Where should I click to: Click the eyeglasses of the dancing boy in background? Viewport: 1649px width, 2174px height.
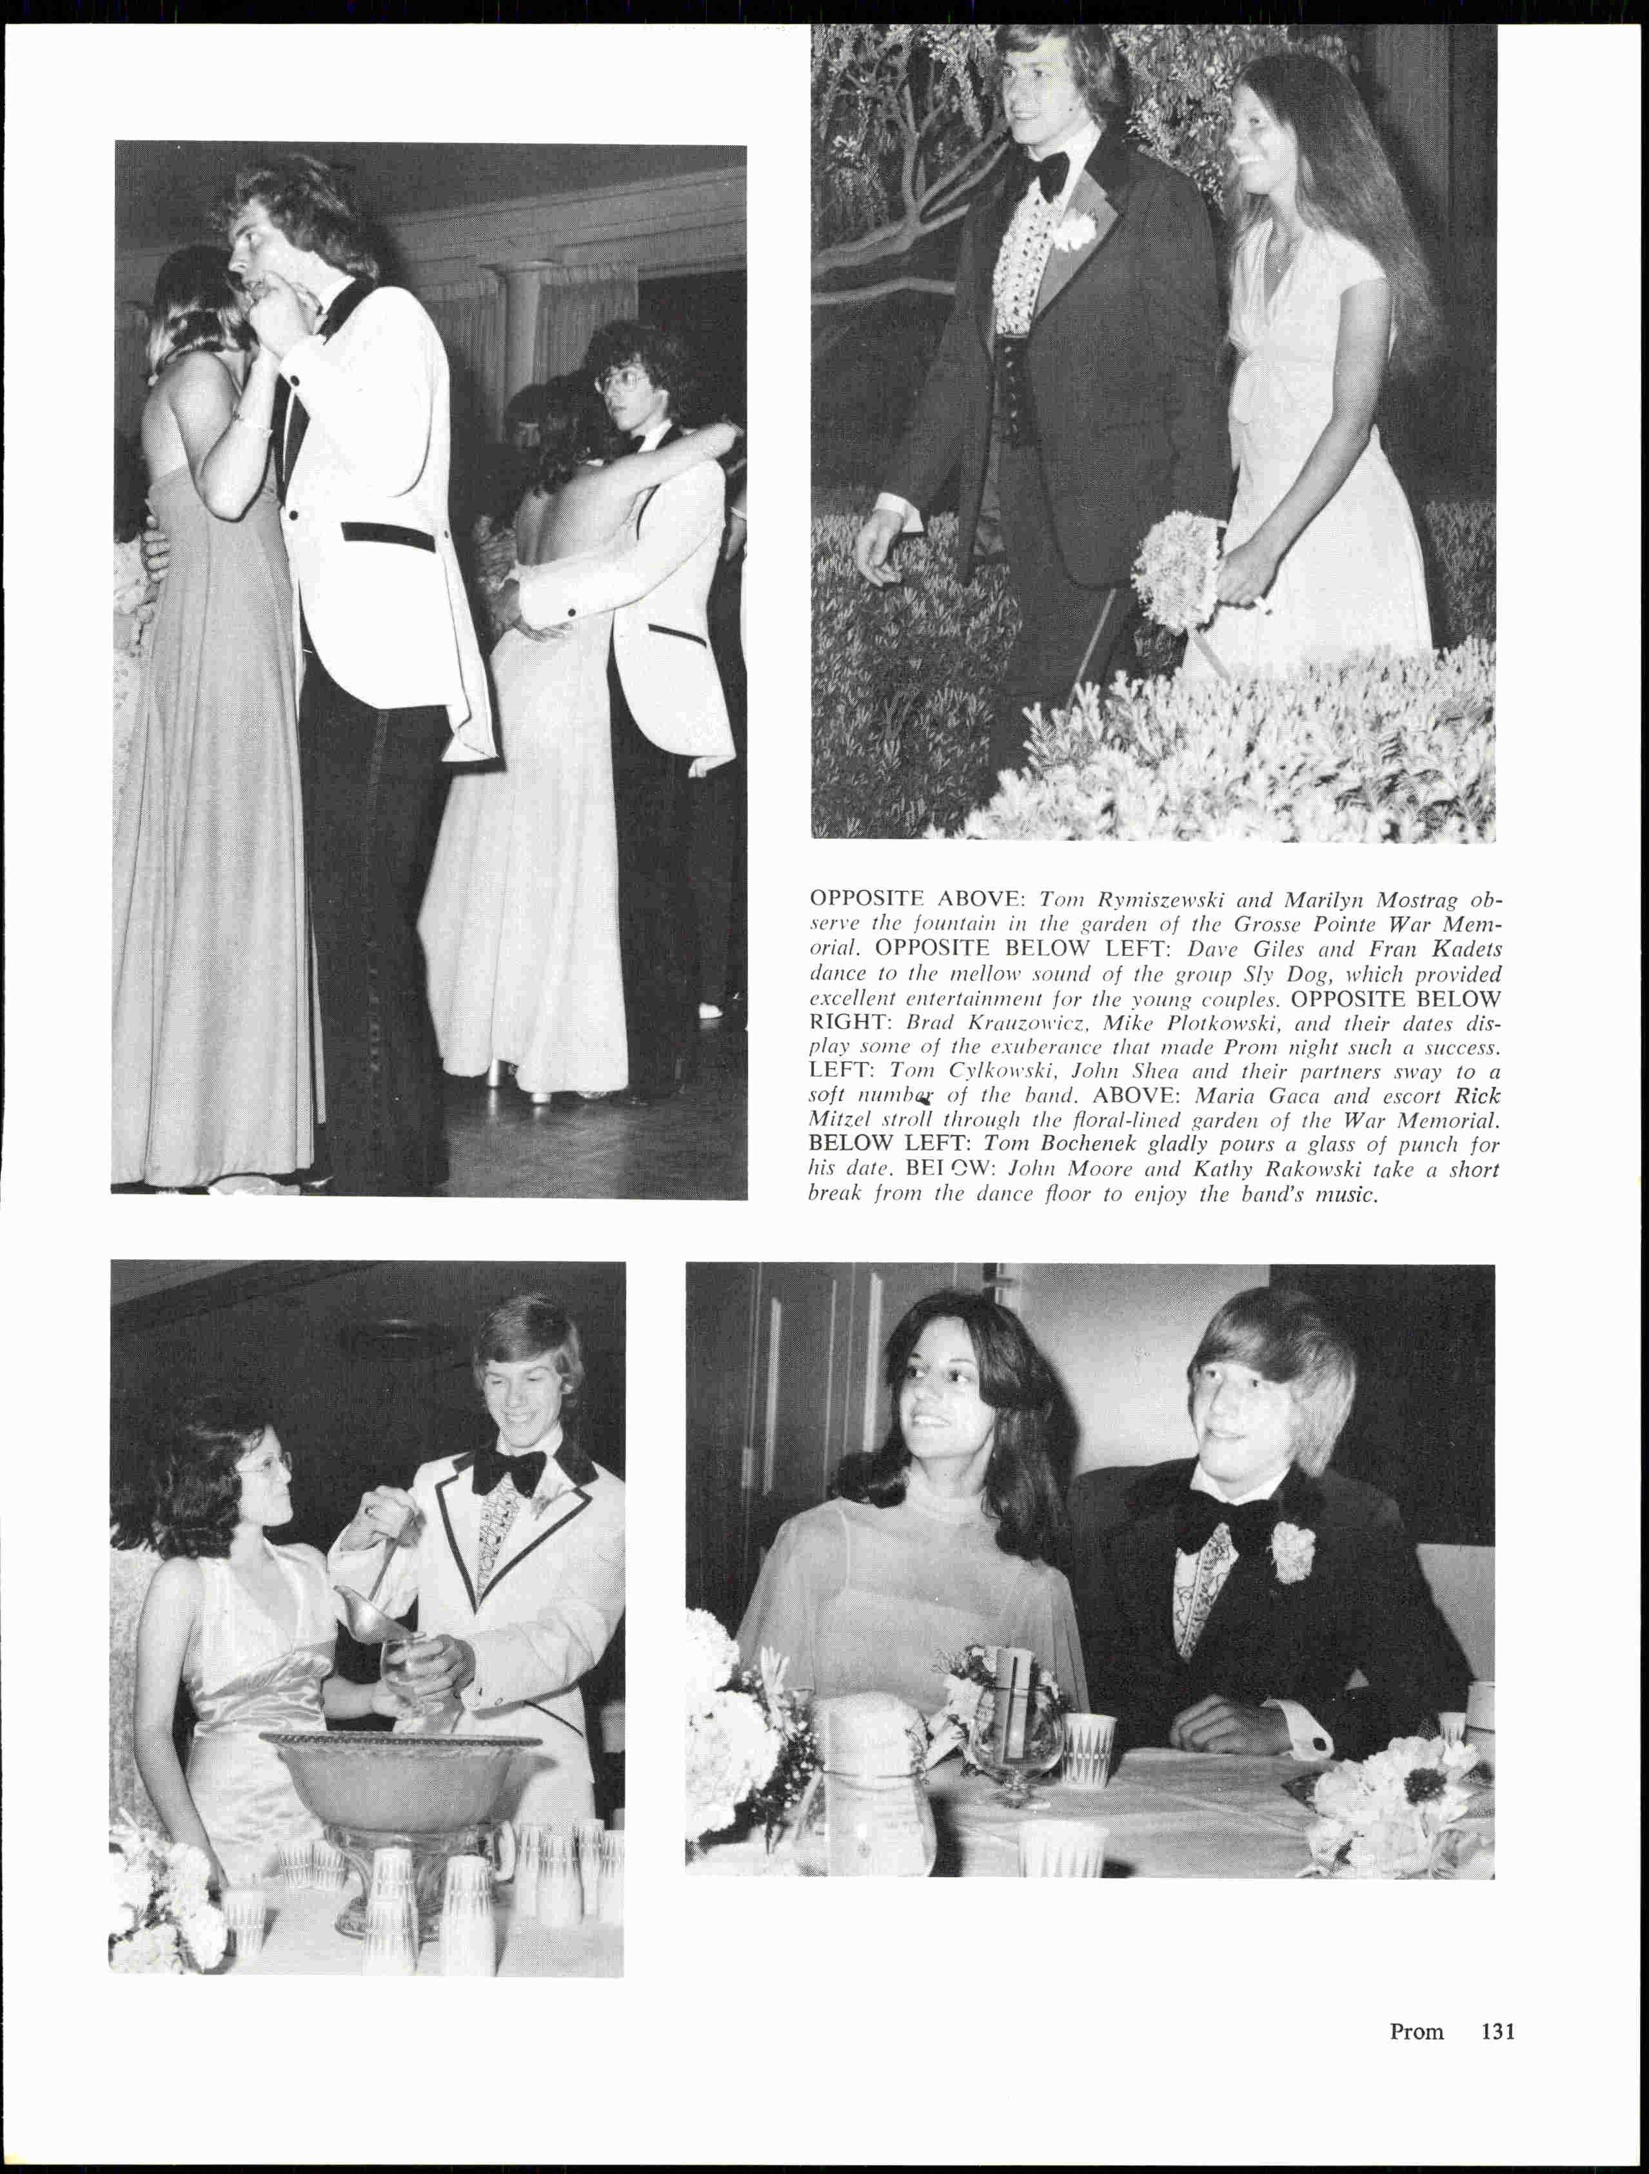click(x=621, y=380)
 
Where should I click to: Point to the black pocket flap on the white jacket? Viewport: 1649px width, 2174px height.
click(x=388, y=537)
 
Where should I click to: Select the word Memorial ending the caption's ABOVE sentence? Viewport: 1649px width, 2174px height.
click(x=1450, y=1120)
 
